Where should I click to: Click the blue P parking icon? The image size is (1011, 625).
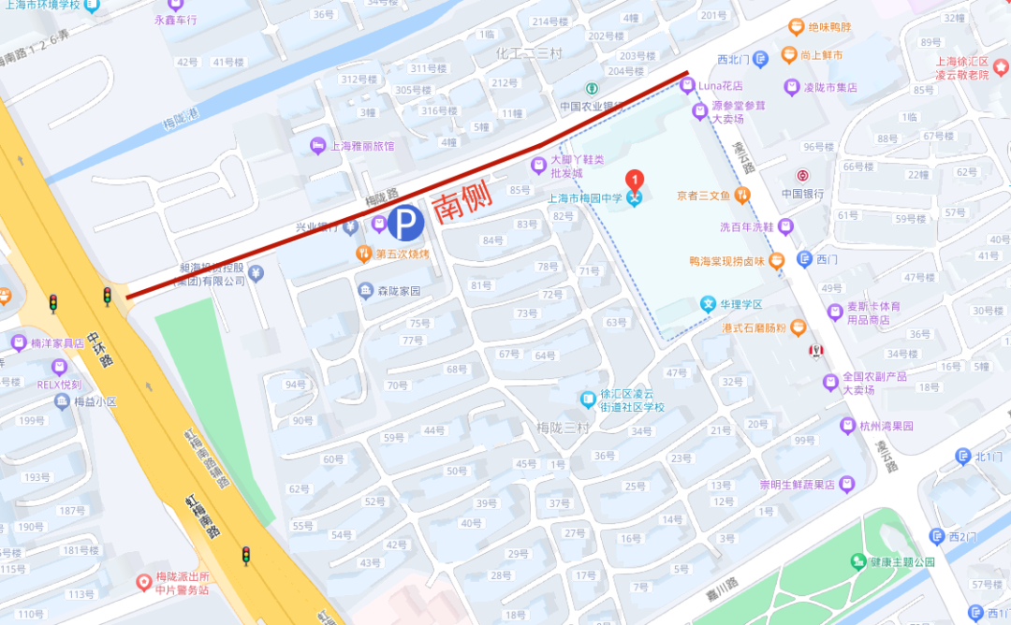[406, 223]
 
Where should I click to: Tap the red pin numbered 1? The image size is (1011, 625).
[635, 178]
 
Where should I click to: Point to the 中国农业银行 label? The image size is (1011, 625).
[592, 106]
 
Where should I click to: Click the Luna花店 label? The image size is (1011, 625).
[718, 86]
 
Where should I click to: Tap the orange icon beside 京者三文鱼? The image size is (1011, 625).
[742, 196]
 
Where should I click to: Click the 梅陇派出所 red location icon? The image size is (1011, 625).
[144, 582]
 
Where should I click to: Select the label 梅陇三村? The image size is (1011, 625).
[564, 428]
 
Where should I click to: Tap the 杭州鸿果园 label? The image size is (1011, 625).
[886, 426]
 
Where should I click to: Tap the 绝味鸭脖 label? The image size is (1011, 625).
[829, 28]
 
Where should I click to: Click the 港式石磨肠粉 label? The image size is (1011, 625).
[755, 328]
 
